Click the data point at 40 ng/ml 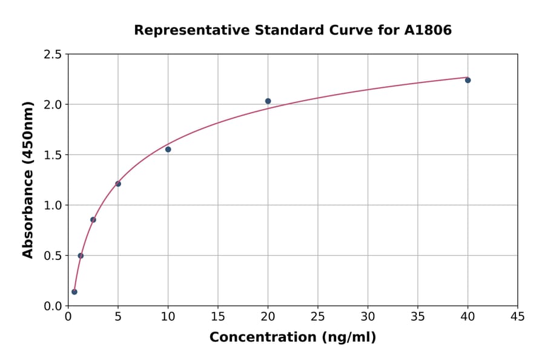tap(467, 80)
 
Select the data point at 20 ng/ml tap(268, 101)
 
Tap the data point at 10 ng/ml tap(168, 149)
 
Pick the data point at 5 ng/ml tap(118, 184)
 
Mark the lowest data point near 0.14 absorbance tap(74, 292)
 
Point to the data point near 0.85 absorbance tap(93, 219)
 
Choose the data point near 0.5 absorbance tap(81, 256)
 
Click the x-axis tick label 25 tap(318, 316)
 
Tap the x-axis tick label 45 tap(518, 316)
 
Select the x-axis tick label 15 tap(218, 316)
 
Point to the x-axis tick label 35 tap(418, 316)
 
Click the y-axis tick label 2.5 tap(53, 55)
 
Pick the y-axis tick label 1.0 tap(53, 205)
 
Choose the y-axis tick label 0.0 tap(53, 306)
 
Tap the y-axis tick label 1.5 tap(53, 155)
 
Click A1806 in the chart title tap(428, 30)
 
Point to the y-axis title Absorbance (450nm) tap(28, 180)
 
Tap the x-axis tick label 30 tap(368, 316)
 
